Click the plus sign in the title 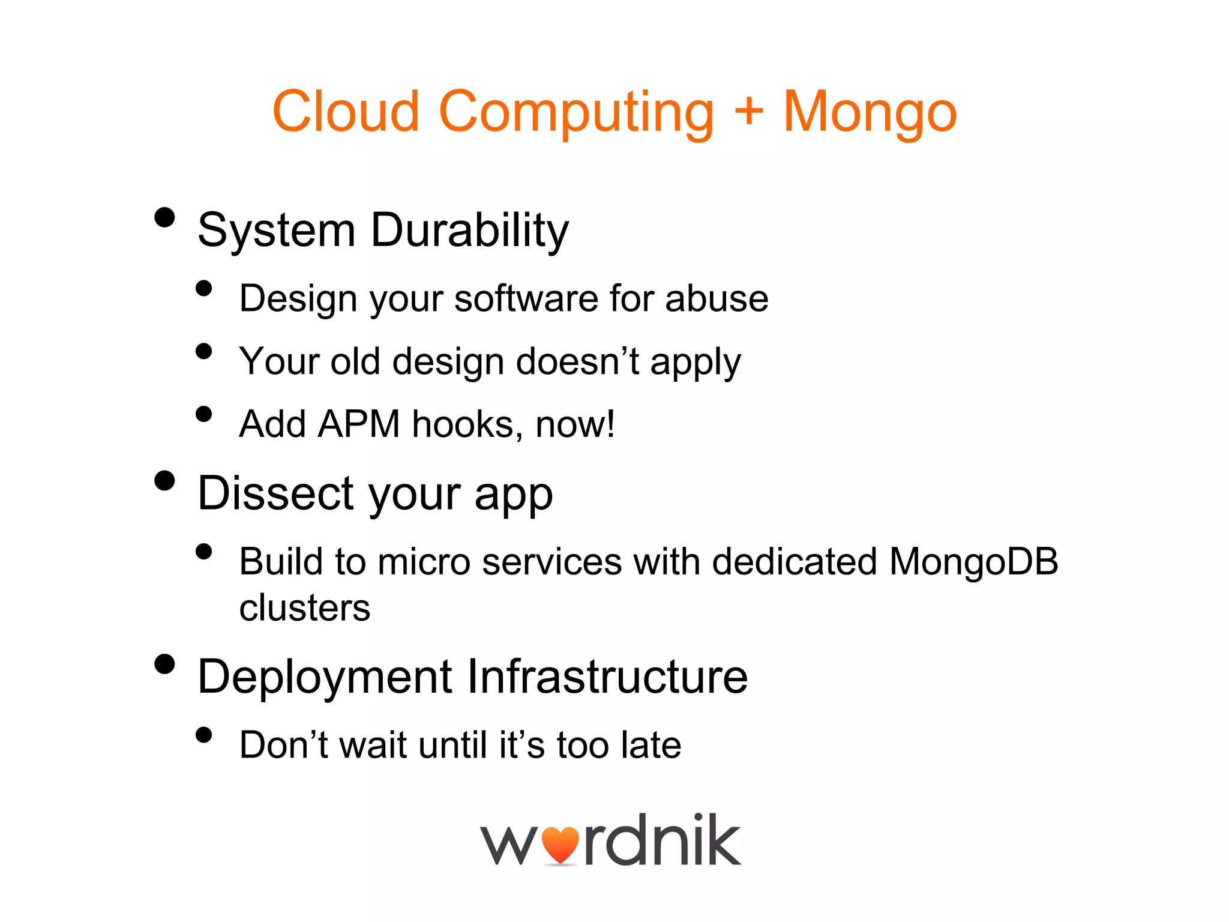click(x=748, y=111)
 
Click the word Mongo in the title click(x=870, y=112)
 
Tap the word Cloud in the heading click(x=345, y=111)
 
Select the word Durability click(x=469, y=230)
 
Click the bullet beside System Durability click(x=164, y=217)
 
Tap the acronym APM click(x=358, y=424)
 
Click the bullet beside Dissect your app click(x=164, y=480)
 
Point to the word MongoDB click(x=973, y=562)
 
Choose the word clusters click(x=305, y=608)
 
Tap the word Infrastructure click(x=607, y=677)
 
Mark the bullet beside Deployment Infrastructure click(x=164, y=664)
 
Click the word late click(x=651, y=745)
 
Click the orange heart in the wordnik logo click(x=560, y=845)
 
